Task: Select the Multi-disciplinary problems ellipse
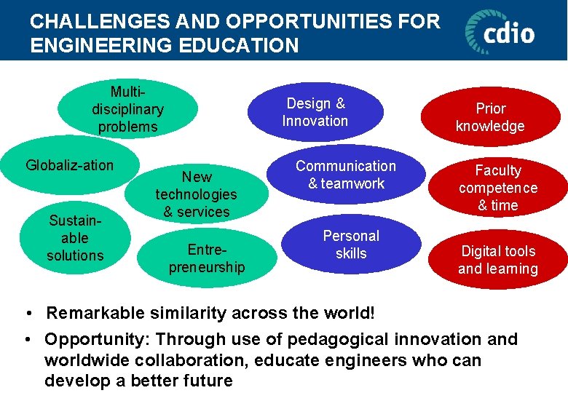coord(127,109)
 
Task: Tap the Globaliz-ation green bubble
coord(69,165)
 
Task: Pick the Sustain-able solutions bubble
coord(75,238)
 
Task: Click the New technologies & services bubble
coord(196,194)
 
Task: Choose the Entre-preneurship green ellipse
coord(207,258)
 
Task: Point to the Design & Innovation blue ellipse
coord(315,112)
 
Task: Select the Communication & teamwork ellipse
coord(346,175)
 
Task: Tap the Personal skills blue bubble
coord(351,245)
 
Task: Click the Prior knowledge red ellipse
coord(490,117)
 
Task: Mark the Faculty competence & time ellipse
coord(498,188)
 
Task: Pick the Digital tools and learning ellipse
coord(498,260)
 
